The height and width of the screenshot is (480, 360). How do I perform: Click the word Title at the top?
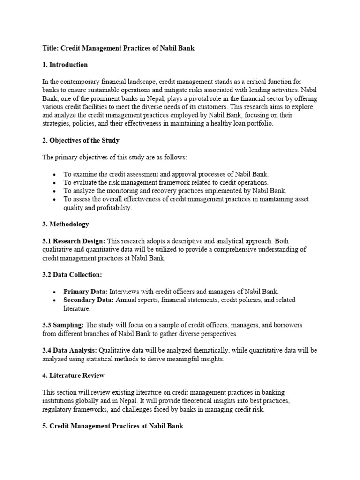pos(50,48)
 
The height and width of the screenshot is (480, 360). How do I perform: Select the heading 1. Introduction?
pos(65,65)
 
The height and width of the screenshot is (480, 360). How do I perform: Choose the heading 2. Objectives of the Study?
pos(81,140)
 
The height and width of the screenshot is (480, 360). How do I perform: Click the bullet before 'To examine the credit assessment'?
pos(55,174)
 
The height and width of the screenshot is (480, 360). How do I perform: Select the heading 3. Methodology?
pos(66,225)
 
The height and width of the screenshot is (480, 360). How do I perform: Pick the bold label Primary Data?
pos(86,291)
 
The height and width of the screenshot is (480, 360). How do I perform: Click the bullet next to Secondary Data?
pos(55,300)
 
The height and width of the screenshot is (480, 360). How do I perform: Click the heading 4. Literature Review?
pos(74,375)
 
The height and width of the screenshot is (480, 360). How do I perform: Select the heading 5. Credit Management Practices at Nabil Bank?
pos(112,426)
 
